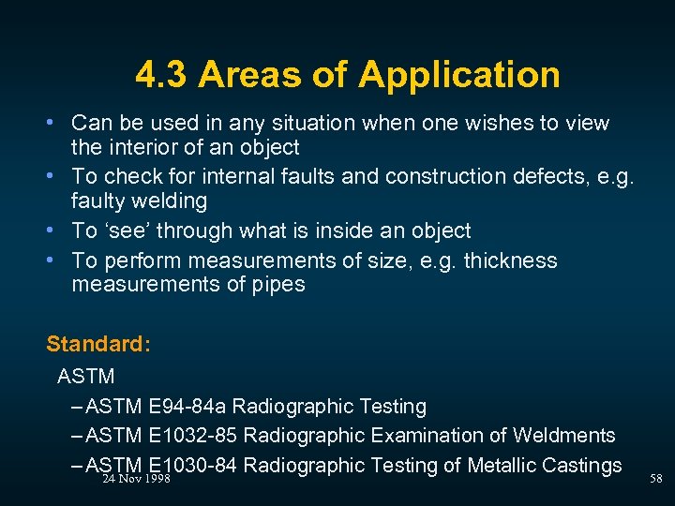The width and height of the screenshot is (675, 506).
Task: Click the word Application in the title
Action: click(458, 76)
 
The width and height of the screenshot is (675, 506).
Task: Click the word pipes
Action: click(277, 284)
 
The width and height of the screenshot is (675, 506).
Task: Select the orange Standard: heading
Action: click(98, 344)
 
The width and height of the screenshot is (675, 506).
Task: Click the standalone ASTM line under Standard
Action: click(85, 377)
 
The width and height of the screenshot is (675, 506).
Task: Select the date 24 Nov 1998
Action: click(135, 479)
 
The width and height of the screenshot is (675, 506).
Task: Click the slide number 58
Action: click(655, 479)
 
